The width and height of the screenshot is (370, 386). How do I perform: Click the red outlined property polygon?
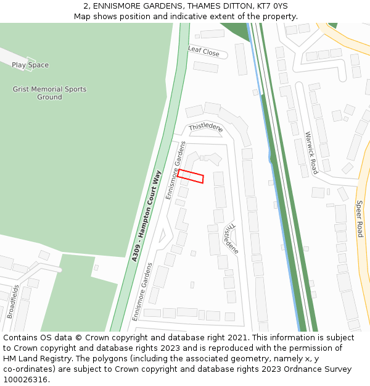191,176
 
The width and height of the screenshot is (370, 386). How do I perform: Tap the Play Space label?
30,65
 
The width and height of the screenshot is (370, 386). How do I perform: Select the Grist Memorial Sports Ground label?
49,93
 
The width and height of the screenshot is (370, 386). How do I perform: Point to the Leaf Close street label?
203,52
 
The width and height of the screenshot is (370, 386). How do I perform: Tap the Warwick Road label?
311,152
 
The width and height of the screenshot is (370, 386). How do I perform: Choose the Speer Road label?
360,219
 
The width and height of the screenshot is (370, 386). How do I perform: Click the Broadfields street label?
14,301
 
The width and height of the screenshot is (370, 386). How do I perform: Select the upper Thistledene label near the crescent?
205,127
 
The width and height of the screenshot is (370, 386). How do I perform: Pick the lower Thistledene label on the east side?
231,238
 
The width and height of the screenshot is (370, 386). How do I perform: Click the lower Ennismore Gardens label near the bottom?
142,291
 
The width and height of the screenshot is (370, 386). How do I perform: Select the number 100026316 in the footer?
26,380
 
